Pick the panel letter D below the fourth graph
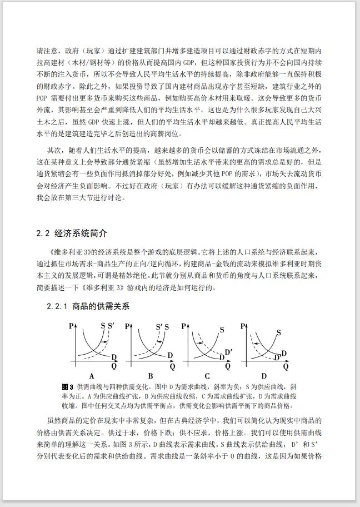(264, 376)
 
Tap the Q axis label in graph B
(172, 367)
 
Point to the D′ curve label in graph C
(228, 351)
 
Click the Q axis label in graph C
(229, 367)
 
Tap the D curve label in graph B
(170, 356)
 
